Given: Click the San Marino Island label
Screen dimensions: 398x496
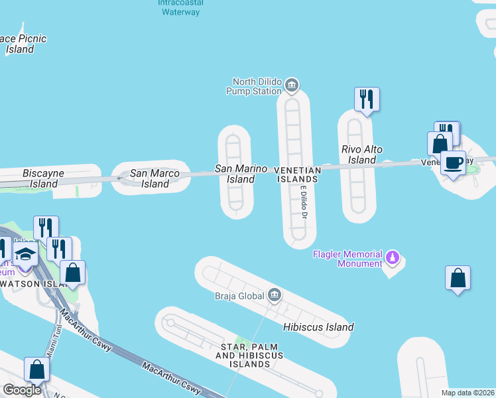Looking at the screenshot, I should point(241,174).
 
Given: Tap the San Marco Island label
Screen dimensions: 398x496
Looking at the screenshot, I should point(156,178).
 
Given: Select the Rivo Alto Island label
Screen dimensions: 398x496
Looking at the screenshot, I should point(362,155).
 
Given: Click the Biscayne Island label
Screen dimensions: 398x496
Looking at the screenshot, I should point(43,178).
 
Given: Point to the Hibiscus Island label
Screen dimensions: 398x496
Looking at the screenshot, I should point(318,327).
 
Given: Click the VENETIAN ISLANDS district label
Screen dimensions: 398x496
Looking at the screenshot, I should point(298,174).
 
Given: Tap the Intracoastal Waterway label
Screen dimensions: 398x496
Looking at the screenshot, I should point(179,7).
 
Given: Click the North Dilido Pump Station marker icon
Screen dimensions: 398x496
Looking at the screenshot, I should point(291,86).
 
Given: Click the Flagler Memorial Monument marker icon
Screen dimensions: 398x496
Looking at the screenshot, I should point(393,257).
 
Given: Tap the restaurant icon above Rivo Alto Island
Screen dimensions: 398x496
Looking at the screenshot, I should point(367,99).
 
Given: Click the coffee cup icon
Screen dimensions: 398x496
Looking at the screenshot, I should point(453,163).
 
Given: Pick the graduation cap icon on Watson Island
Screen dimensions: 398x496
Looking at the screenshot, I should point(25,255).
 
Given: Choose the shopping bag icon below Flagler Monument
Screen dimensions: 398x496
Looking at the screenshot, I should point(458,278).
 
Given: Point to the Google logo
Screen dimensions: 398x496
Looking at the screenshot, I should point(23,390).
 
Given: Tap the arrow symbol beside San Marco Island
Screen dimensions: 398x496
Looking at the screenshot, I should point(121,178).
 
